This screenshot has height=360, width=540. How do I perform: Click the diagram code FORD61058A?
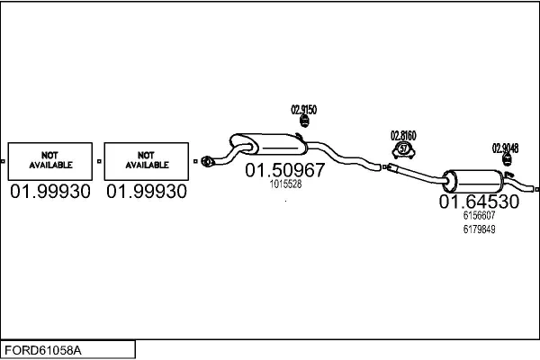43,350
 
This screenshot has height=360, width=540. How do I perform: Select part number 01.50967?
284,170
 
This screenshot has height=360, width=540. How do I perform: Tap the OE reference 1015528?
285,184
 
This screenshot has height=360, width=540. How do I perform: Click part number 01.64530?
479,202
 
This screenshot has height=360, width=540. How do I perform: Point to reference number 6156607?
479,215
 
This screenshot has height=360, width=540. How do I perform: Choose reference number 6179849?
479,229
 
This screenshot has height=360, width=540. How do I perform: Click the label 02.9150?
304,110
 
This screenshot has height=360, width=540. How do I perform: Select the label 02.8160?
403,136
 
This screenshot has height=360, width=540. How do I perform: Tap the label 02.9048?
505,148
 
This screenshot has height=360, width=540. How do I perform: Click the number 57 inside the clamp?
403,149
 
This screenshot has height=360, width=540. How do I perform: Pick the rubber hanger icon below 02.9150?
304,121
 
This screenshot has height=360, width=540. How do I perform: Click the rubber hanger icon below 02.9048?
507,159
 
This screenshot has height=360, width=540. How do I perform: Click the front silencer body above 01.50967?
268,144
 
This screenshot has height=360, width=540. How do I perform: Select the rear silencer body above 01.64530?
472,181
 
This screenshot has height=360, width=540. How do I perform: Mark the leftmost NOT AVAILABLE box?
50,161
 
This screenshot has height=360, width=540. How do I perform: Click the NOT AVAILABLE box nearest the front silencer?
147,161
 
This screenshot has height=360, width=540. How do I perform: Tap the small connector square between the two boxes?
99,161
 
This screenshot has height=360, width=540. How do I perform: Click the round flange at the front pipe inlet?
206,161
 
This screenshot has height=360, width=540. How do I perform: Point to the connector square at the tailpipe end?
537,189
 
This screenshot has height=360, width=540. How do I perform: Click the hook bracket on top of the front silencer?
300,136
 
